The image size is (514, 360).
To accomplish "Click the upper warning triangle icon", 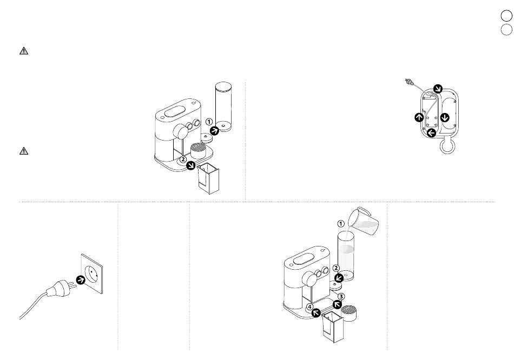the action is click(24, 51).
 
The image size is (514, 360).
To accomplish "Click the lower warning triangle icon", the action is click(24, 151).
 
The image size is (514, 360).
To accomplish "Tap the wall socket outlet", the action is click(92, 274).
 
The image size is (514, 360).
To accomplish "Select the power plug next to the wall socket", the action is click(61, 288).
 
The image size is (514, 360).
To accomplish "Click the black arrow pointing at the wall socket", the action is click(81, 280).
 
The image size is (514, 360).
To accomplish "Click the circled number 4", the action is click(310, 307).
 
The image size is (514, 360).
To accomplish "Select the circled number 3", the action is click(341, 297).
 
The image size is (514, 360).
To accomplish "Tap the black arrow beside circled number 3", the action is click(337, 305).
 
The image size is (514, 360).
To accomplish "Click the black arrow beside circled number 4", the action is click(316, 313).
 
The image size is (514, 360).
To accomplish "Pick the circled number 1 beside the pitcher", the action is click(341, 224).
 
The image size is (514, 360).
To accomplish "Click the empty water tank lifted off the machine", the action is click(223, 106).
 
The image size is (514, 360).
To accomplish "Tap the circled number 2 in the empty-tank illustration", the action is click(183, 159).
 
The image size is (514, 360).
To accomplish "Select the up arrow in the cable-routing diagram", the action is click(419, 117).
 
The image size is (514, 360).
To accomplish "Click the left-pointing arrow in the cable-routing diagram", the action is click(431, 132).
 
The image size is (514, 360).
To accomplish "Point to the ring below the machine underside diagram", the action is click(447, 146).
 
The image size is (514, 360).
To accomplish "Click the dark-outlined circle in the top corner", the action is click(506, 16).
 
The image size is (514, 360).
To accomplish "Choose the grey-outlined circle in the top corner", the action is click(506, 30).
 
